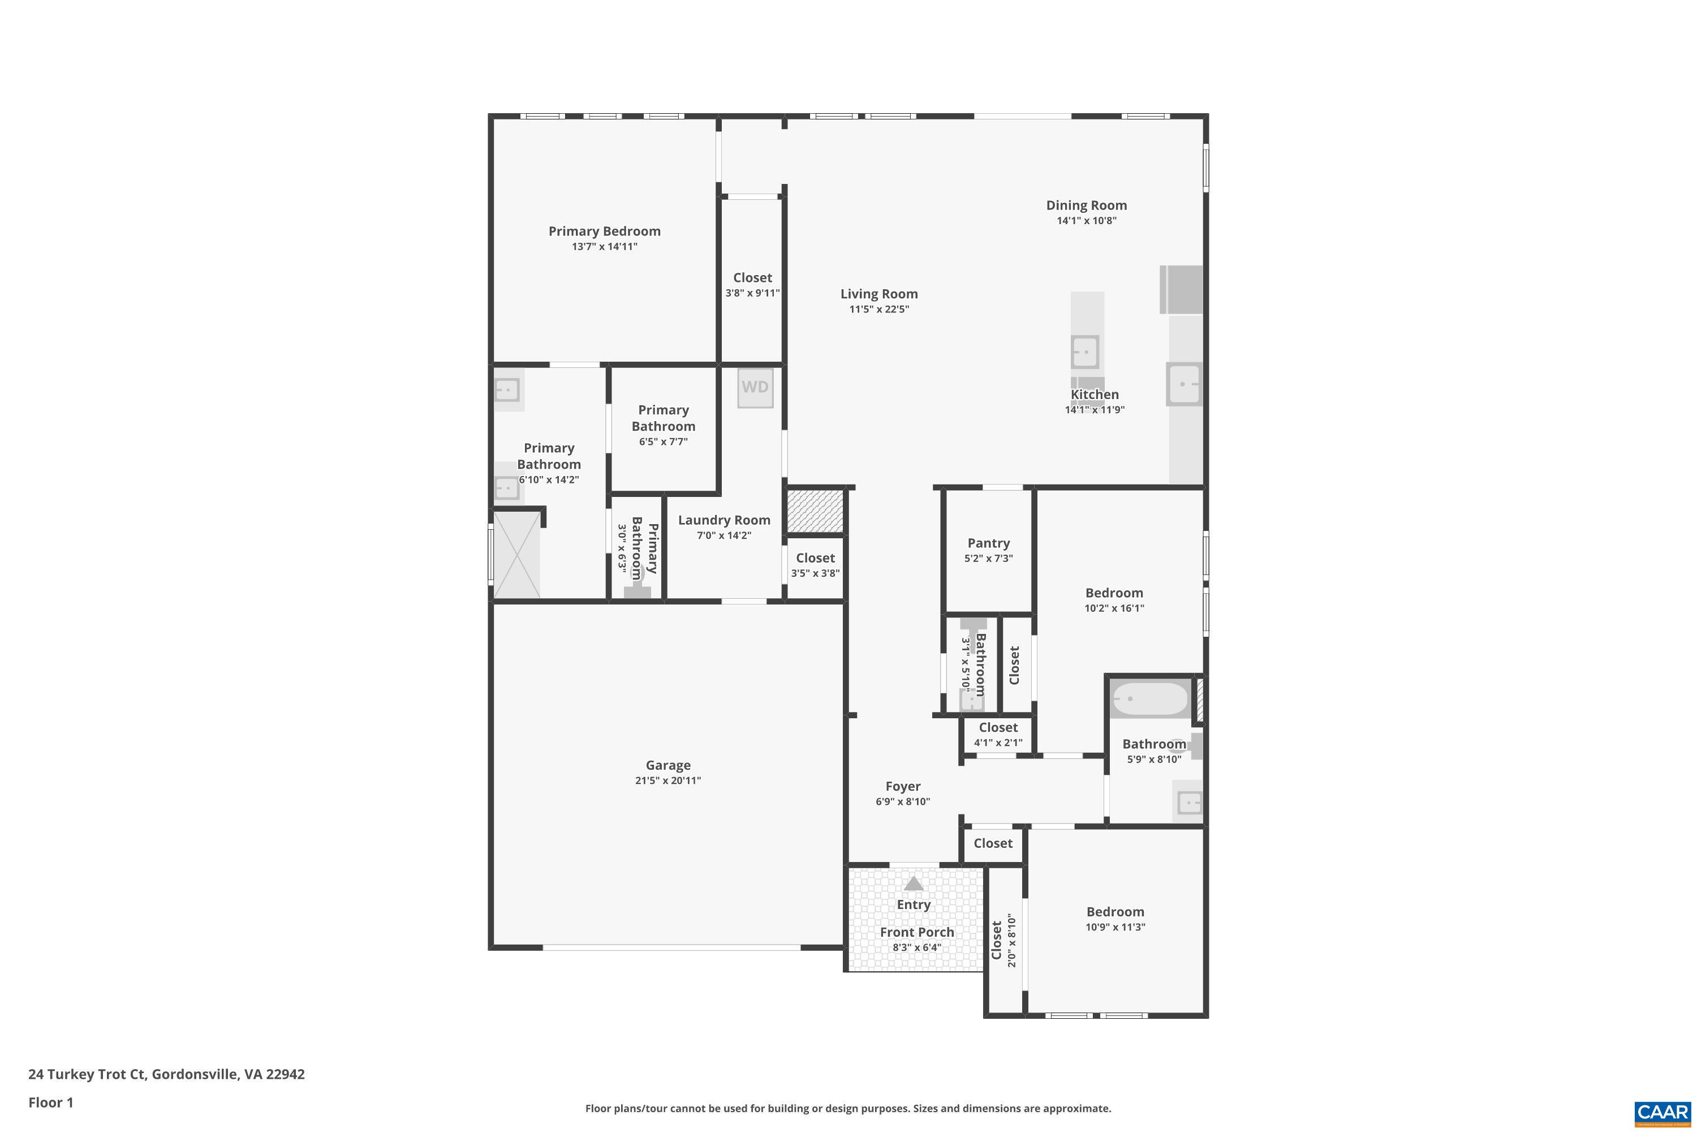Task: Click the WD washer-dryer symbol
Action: (x=755, y=388)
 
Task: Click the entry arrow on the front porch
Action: (x=914, y=884)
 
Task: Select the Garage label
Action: (x=668, y=765)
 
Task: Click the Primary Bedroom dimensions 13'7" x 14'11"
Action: (x=605, y=247)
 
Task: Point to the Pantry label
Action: (x=988, y=543)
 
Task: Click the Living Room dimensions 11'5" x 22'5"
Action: (x=879, y=310)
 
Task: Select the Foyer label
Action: (x=903, y=786)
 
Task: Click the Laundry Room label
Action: (x=723, y=520)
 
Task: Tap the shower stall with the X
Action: (x=516, y=555)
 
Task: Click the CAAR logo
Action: (x=1664, y=1112)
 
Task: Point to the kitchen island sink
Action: (x=1084, y=352)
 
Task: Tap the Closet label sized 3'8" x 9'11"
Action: (x=752, y=278)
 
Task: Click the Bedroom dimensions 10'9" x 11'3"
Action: (x=1115, y=928)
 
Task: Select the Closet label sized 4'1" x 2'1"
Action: (x=998, y=728)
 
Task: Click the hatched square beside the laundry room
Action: (x=815, y=512)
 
